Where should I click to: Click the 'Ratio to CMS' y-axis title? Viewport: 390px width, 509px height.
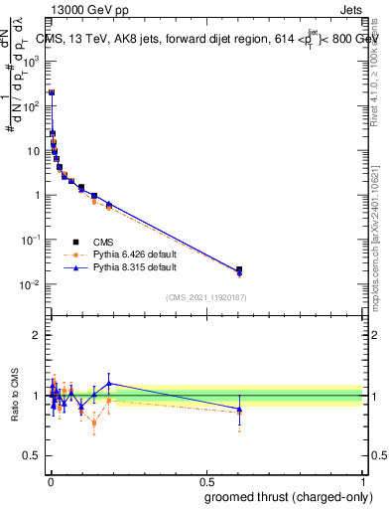15,396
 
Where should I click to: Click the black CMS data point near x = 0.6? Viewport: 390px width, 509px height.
238,269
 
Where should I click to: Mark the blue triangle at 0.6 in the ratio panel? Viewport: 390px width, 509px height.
238,409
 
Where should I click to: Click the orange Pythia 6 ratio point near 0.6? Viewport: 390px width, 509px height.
238,413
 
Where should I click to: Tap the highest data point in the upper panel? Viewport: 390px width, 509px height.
52,92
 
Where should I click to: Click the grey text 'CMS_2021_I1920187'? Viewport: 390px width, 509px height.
205,297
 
